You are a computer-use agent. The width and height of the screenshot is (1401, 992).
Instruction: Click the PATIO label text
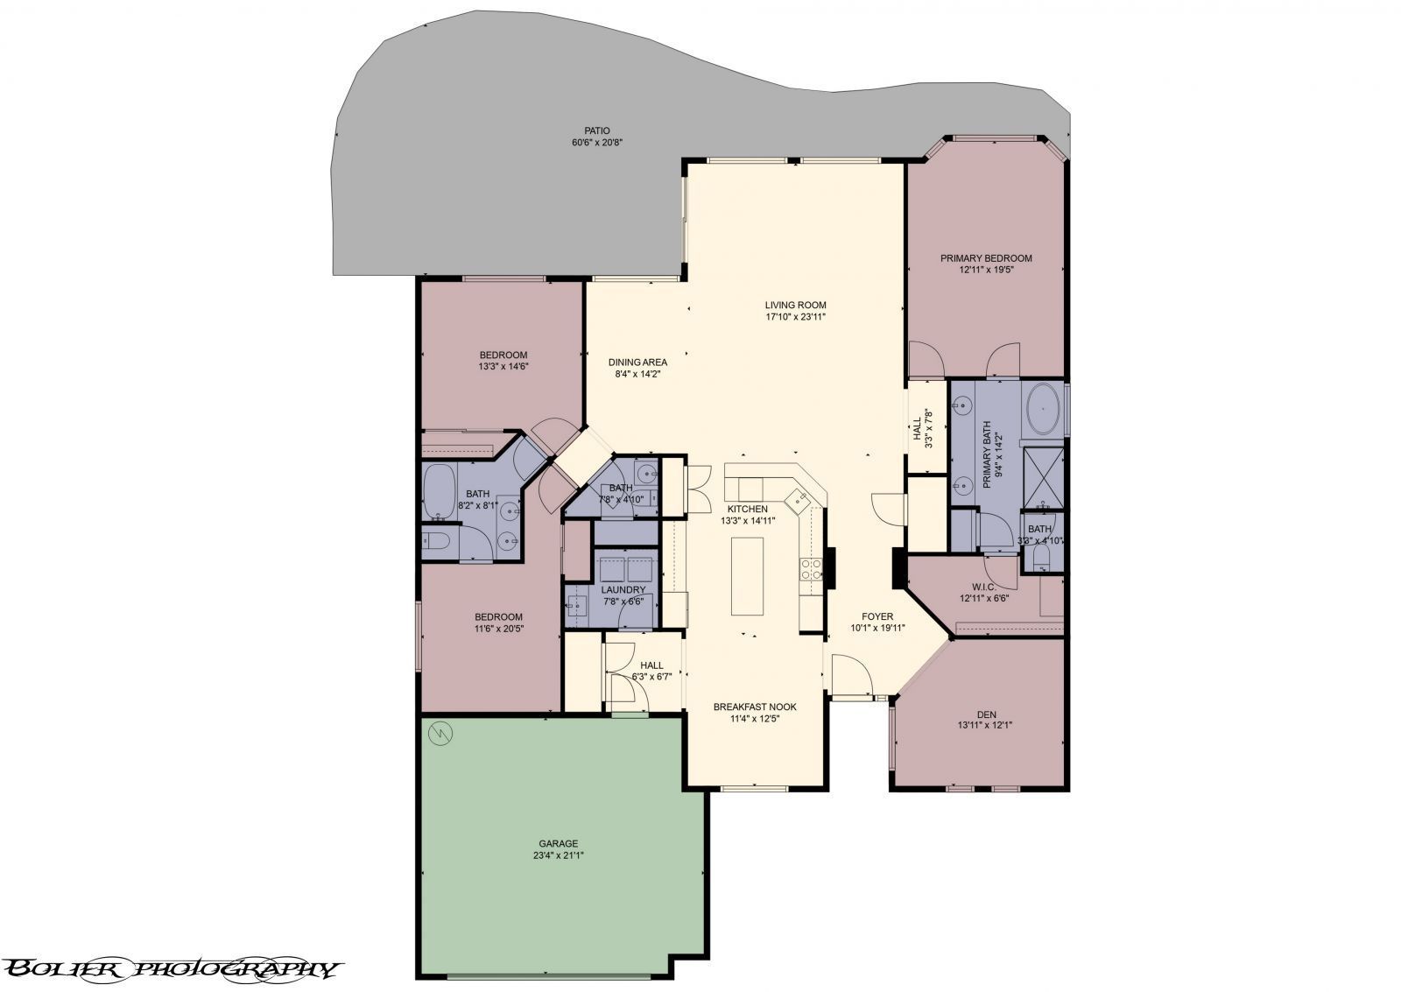596,130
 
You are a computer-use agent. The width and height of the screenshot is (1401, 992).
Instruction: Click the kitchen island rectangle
747,576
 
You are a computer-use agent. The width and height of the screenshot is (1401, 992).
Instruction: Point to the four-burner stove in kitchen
810,570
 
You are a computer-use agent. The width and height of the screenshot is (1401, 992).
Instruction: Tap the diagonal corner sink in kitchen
798,501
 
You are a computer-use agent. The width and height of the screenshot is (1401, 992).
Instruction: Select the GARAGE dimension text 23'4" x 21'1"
558,855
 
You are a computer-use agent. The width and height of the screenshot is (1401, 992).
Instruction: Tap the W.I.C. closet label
984,587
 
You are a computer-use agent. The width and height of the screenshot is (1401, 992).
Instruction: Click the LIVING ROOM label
795,305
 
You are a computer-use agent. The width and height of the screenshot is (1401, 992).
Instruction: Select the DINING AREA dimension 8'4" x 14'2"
637,374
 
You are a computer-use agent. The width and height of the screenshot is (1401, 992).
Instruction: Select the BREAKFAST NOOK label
754,707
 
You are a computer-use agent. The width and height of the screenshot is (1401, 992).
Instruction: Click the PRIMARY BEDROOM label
986,258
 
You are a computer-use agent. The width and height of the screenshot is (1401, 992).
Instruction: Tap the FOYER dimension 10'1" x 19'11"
877,628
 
